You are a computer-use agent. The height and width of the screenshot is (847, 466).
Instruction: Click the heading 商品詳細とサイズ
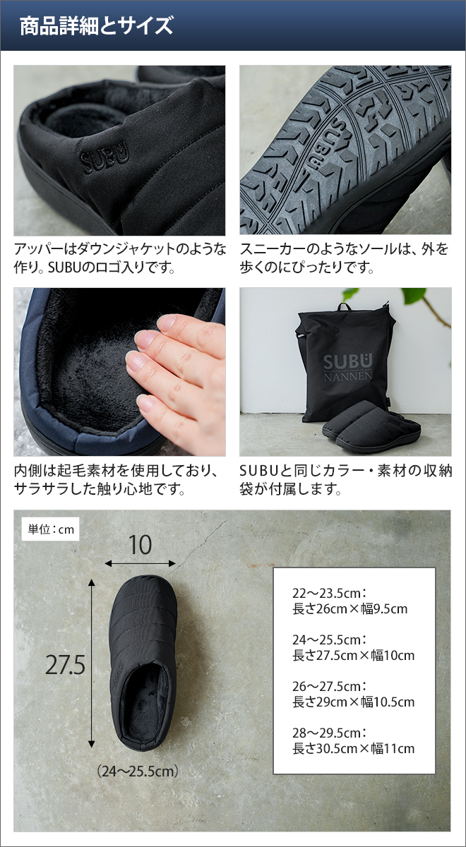click(x=96, y=26)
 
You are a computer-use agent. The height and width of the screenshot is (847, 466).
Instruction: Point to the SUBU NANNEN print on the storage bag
click(x=348, y=367)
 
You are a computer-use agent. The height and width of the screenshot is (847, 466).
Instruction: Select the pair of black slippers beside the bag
click(x=371, y=426)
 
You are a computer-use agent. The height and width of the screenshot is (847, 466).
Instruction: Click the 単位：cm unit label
click(x=50, y=529)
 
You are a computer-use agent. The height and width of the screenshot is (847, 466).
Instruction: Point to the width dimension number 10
click(x=140, y=545)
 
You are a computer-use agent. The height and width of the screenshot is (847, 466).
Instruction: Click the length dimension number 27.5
click(x=66, y=665)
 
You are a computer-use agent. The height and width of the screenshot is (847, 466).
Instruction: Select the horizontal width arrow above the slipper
click(x=140, y=564)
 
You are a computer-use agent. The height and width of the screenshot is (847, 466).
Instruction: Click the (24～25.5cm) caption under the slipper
click(x=137, y=771)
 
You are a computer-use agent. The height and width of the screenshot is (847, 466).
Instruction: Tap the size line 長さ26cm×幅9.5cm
click(x=349, y=608)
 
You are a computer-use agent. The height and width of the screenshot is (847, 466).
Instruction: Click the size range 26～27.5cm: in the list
click(x=329, y=686)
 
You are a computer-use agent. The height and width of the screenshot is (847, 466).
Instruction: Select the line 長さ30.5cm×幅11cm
click(x=353, y=748)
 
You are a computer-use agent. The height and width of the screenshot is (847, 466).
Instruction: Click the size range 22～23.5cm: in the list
click(x=329, y=593)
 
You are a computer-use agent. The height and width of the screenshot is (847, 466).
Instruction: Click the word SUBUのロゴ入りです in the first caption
click(x=112, y=268)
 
